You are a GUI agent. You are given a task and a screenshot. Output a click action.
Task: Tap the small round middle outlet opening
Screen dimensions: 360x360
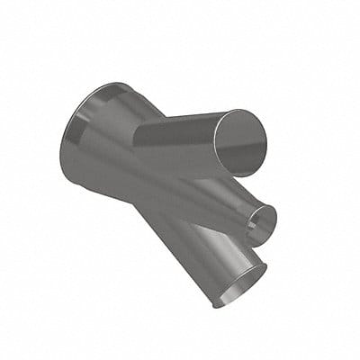pos(263,219)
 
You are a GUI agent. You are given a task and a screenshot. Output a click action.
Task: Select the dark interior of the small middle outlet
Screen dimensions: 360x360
pos(262,220)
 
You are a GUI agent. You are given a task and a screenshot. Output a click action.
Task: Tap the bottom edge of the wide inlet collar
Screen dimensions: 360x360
pos(76,184)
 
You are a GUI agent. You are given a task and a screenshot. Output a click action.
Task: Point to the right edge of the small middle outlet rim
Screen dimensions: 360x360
pos(274,216)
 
